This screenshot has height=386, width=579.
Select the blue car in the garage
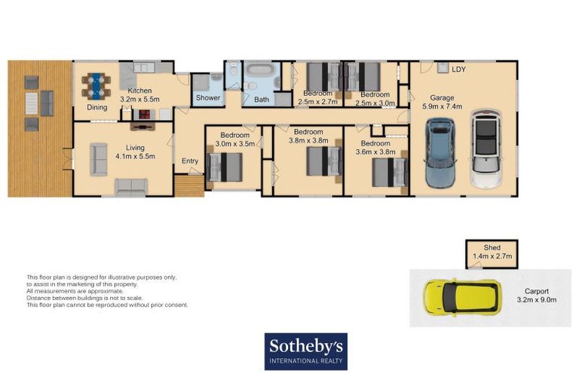[x=440, y=152]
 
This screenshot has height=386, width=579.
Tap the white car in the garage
[x=486, y=149]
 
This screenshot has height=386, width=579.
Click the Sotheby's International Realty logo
[x=305, y=351]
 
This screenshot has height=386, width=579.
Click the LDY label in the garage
[x=458, y=69]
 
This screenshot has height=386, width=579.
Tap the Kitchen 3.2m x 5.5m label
[x=141, y=95]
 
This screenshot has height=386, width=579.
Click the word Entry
[x=190, y=161]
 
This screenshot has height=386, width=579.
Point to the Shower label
[x=208, y=98]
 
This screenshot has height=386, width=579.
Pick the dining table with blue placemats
[x=96, y=84]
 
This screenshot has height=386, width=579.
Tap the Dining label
[x=96, y=108]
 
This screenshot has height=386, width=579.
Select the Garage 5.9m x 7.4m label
[x=446, y=102]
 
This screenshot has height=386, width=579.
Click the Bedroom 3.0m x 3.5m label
[x=234, y=139]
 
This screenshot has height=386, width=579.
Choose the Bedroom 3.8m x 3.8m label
[x=308, y=136]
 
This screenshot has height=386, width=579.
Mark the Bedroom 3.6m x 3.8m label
[x=375, y=146]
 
